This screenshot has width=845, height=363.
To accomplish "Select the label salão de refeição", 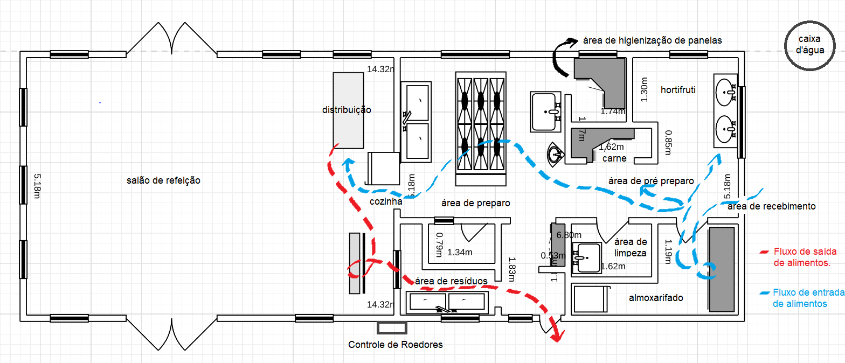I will [x=163, y=181].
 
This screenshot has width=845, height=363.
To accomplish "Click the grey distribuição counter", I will [x=348, y=110].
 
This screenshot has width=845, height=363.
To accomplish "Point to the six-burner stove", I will [x=481, y=123].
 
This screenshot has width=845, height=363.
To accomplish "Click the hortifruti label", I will [x=678, y=90].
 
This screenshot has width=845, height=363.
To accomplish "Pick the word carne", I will [x=614, y=158].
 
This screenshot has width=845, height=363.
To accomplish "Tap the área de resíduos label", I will [x=451, y=281].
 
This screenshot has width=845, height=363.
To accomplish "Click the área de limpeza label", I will [x=631, y=247].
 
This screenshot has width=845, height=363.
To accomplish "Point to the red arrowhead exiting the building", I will [x=556, y=335].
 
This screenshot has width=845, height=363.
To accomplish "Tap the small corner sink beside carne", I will [x=555, y=154].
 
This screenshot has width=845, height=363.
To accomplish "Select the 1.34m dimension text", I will [x=460, y=252].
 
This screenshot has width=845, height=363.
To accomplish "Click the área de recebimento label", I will [x=771, y=206].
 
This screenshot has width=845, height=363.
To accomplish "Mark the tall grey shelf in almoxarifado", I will [x=722, y=269].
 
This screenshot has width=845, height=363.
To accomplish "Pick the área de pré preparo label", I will [x=650, y=181].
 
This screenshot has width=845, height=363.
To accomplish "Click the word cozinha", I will [x=386, y=201].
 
